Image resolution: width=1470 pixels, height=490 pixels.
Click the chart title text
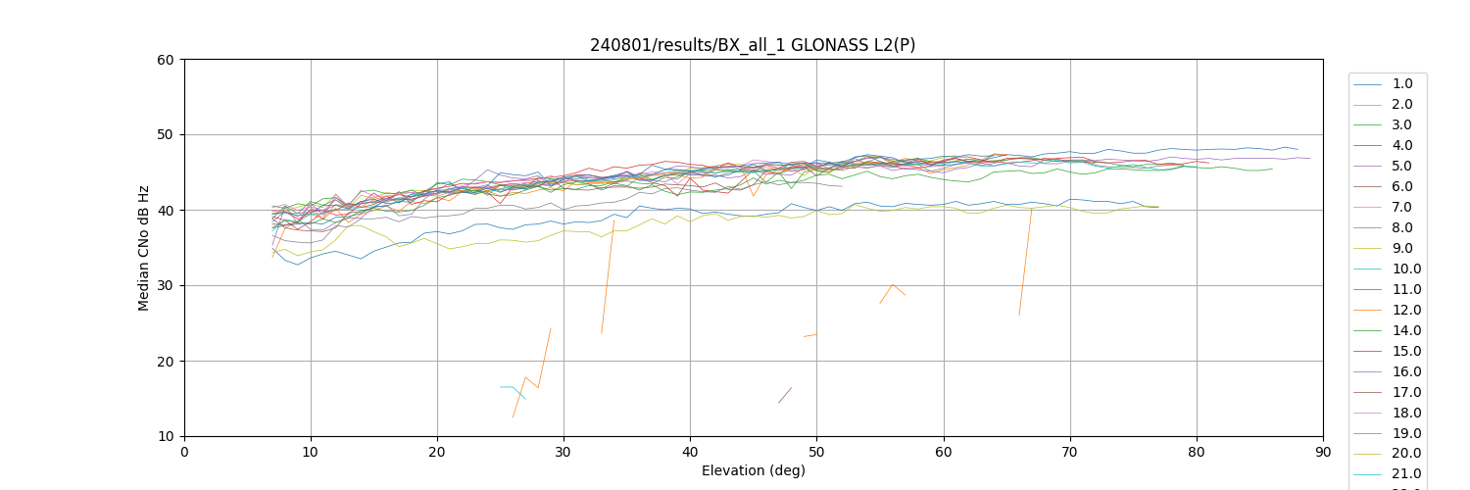(753, 45)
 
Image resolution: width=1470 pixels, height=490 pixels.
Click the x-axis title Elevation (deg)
(753, 470)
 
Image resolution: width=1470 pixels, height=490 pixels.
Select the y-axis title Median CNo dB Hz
(144, 247)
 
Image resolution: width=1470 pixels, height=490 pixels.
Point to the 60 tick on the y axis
(167, 60)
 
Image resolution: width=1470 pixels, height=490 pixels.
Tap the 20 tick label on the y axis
(167, 362)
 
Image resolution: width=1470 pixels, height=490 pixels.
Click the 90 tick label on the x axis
(1323, 452)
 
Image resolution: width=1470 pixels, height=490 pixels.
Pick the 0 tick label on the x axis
(184, 452)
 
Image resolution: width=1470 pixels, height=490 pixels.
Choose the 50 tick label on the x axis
(816, 452)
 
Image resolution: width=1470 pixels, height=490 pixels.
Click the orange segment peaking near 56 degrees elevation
(892, 285)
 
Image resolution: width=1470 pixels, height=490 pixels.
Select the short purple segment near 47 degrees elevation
(785, 395)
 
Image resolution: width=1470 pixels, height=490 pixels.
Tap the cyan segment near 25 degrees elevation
(513, 387)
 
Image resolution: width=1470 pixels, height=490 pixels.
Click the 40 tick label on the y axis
(167, 211)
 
